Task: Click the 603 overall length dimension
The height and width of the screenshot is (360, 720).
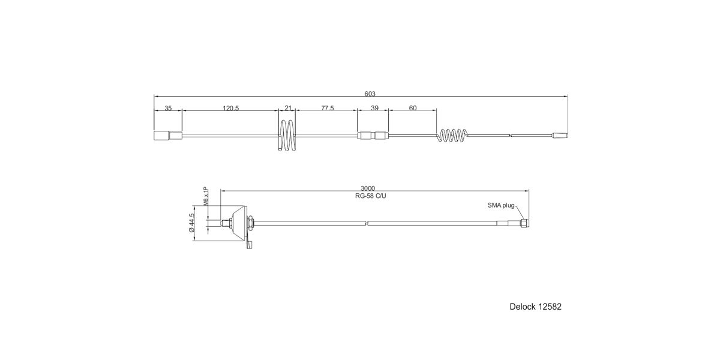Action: tap(370, 94)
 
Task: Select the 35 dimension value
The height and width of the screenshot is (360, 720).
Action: tap(168, 109)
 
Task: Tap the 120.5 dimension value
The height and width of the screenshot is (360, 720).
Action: tap(231, 109)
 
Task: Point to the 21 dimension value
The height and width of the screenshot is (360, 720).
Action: tap(288, 109)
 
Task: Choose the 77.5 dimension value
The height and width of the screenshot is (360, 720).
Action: tap(328, 109)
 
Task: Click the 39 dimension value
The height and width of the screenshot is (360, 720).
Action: tap(375, 109)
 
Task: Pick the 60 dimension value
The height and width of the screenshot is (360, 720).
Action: tap(413, 109)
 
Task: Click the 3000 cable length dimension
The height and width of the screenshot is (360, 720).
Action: tap(368, 188)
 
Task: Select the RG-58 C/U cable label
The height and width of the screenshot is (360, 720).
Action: tap(371, 196)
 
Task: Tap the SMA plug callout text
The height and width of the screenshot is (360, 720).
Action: tap(501, 205)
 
